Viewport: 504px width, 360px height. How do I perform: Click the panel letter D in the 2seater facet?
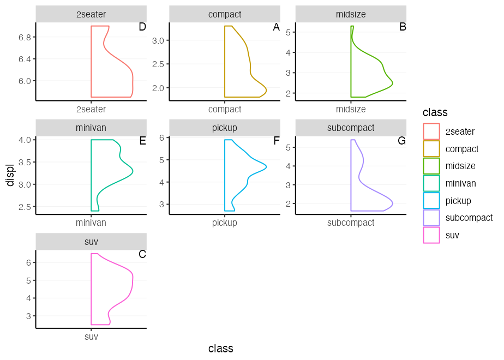tap(142, 27)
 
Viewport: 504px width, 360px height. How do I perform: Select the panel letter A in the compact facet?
tap(276, 27)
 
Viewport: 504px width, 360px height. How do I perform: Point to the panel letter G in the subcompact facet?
tap(402, 141)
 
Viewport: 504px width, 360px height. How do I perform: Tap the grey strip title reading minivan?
tap(91, 128)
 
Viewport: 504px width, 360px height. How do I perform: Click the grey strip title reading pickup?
tap(225, 128)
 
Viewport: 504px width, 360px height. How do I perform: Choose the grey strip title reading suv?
tap(91, 242)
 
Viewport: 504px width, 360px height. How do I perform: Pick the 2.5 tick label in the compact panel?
tap(158, 64)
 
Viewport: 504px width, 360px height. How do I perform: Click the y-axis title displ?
tap(10, 175)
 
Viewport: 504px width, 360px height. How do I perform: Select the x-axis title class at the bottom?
tap(221, 349)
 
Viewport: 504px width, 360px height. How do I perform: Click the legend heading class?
tap(435, 113)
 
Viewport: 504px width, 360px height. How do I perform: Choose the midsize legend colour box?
tap(431, 166)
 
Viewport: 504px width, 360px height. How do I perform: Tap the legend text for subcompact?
tap(469, 218)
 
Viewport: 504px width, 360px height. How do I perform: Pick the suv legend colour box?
tap(431, 235)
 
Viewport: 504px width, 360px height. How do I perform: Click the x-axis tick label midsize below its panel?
tap(351, 109)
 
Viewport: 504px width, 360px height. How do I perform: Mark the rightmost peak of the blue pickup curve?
tap(266, 166)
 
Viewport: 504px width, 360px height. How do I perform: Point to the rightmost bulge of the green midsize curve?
tap(393, 83)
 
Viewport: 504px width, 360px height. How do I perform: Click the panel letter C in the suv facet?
tap(142, 255)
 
